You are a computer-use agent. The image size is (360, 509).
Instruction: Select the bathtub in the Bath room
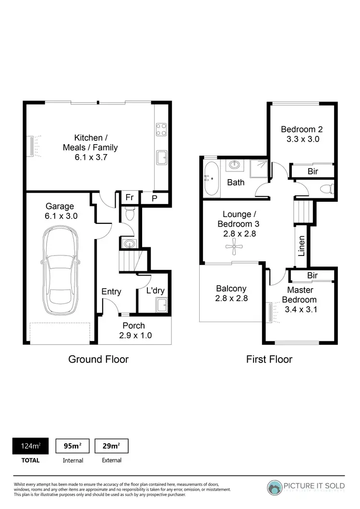[212, 179]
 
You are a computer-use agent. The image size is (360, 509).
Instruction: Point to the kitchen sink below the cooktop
[162, 157]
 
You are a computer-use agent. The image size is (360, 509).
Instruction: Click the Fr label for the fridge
[129, 197]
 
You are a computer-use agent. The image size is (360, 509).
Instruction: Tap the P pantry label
[155, 198]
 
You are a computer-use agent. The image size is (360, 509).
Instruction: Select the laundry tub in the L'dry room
[162, 304]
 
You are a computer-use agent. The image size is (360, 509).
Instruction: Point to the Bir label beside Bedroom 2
[312, 171]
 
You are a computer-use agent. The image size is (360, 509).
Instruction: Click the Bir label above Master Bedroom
[312, 275]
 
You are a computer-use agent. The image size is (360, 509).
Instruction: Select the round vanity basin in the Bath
[234, 165]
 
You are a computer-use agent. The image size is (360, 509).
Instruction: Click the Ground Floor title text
[98, 359]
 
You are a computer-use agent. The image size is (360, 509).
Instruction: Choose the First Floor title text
[269, 359]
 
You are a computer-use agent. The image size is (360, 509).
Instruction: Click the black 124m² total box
[30, 446]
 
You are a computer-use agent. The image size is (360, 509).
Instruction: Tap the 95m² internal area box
[72, 446]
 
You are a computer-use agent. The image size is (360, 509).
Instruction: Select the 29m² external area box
[111, 446]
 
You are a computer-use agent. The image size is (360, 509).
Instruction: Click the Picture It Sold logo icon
[276, 488]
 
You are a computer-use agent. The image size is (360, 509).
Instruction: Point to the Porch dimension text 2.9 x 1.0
[135, 336]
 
